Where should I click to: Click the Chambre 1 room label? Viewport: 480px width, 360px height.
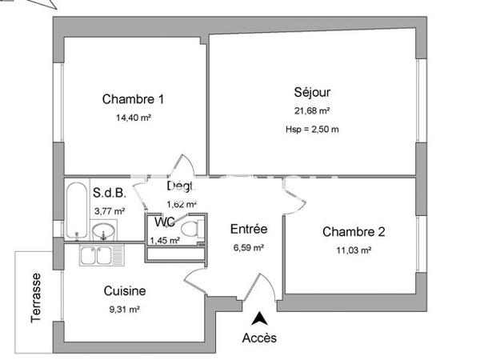click(133, 99)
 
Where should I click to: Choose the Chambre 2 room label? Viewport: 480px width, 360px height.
click(354, 232)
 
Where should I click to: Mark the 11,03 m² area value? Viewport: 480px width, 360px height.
click(354, 250)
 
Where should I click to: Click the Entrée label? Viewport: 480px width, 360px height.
click(248, 229)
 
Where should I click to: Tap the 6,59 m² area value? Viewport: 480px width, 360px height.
click(248, 248)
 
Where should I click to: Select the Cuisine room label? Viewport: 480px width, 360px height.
click(124, 291)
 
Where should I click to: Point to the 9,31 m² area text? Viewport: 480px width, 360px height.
click(124, 309)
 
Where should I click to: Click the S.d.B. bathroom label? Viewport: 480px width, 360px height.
click(108, 193)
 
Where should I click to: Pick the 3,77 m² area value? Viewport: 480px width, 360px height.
click(110, 211)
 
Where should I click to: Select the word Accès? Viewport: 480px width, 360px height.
click(259, 338)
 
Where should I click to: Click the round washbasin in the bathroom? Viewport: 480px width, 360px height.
click(103, 233)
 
